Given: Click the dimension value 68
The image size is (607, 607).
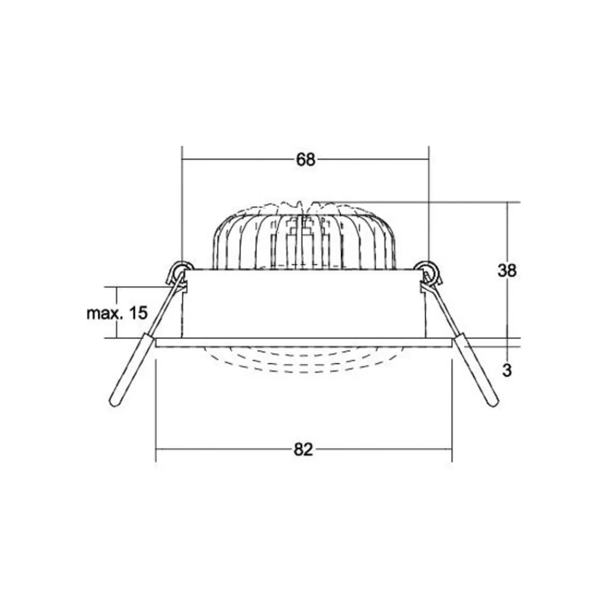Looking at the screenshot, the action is click(306, 160).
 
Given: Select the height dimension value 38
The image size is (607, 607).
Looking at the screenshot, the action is click(507, 270).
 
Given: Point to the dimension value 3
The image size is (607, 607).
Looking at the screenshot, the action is click(507, 370).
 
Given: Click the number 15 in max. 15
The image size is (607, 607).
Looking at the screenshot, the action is click(138, 313).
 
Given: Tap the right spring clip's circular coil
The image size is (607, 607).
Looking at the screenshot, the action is click(427, 269).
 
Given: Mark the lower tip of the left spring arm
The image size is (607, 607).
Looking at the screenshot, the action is click(115, 404).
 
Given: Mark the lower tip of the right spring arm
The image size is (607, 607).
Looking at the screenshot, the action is click(493, 404).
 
